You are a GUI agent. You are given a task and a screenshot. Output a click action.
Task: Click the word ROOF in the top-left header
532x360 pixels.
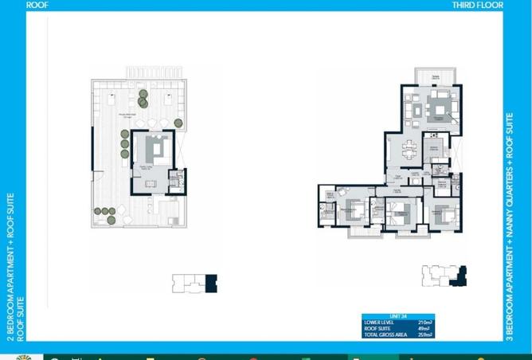[36, 4]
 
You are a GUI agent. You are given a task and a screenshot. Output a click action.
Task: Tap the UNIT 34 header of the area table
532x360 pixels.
[374, 316]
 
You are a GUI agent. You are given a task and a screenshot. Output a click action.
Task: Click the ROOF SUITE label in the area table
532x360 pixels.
[378, 328]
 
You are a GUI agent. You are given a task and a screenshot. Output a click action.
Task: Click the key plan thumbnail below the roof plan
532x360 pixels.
[195, 283]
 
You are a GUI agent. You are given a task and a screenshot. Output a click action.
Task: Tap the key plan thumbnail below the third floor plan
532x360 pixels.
[443, 275]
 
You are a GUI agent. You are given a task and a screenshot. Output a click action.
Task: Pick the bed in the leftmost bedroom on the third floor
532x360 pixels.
[354, 211]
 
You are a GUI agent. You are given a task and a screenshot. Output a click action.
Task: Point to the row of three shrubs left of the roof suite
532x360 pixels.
[125, 143]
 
